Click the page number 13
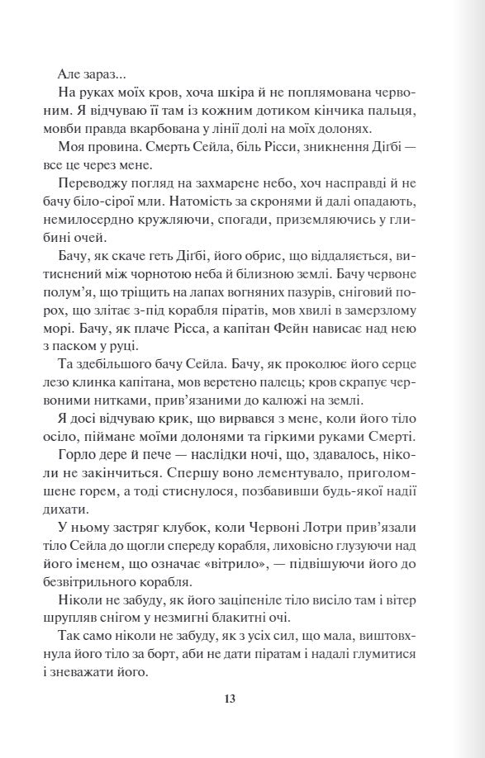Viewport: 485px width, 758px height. click(231, 699)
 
